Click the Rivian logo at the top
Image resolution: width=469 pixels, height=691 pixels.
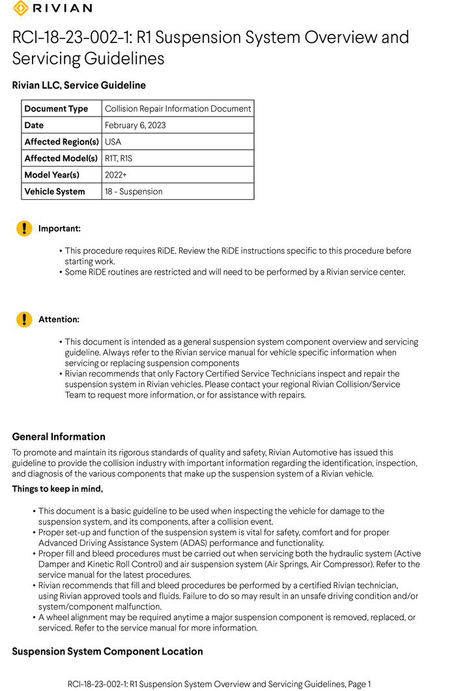52,8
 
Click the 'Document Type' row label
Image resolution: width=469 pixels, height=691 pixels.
56,109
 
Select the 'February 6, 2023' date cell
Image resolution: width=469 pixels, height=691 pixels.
135,125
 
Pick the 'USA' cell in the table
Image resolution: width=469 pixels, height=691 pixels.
113,142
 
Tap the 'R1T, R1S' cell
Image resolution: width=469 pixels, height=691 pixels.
119,158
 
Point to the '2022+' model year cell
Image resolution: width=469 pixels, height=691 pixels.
115,175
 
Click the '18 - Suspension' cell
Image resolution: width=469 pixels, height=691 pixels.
134,191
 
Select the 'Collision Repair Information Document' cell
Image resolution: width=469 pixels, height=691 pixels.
178,109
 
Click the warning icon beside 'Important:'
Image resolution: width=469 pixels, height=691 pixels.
24,228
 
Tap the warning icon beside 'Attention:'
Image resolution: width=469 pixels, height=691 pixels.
24,319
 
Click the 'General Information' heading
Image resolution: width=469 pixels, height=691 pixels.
59,437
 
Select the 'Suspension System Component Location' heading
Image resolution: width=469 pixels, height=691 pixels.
107,651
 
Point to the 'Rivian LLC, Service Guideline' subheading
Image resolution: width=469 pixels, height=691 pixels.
79,85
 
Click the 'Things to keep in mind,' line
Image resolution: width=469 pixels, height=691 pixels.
57,489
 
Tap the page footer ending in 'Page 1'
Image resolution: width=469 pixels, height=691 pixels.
220,684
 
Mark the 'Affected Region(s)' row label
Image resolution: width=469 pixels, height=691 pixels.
61,142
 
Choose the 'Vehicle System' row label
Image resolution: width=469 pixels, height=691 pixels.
55,191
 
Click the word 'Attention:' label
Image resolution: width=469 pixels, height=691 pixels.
59,319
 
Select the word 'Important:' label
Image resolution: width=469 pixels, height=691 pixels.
59,228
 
